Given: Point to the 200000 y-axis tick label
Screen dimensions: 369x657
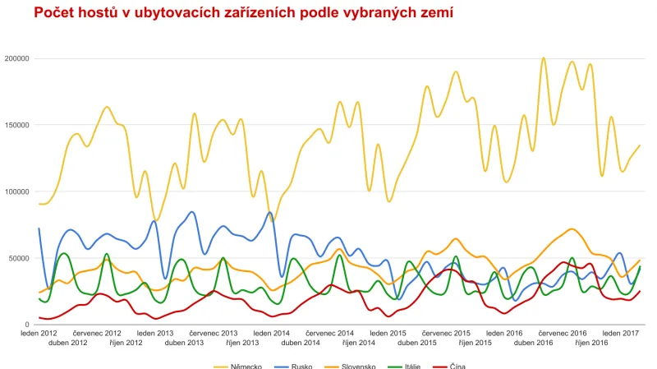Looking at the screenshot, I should (16, 58).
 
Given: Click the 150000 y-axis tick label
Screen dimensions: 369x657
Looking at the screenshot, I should (16, 125).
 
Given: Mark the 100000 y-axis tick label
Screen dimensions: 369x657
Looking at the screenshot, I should (16, 191).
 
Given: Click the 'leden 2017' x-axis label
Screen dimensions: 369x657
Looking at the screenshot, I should (620, 333).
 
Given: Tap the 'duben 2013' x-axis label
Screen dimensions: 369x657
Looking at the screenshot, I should (184, 342).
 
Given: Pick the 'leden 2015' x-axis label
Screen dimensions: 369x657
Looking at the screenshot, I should (388, 333).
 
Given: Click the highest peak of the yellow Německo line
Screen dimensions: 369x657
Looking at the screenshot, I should (543, 58).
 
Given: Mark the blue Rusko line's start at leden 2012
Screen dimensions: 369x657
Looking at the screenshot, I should (39, 228).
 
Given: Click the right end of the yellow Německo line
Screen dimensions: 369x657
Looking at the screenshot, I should (639, 145).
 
